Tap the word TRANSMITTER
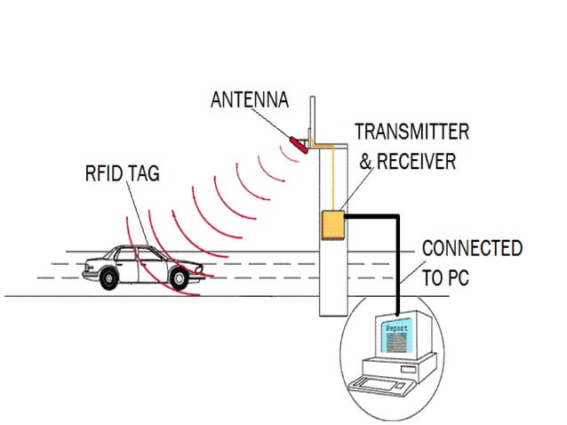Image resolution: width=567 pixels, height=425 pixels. point(411,132)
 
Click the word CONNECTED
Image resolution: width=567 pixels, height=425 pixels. point(471,248)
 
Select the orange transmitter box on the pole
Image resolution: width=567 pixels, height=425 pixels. point(332,225)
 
